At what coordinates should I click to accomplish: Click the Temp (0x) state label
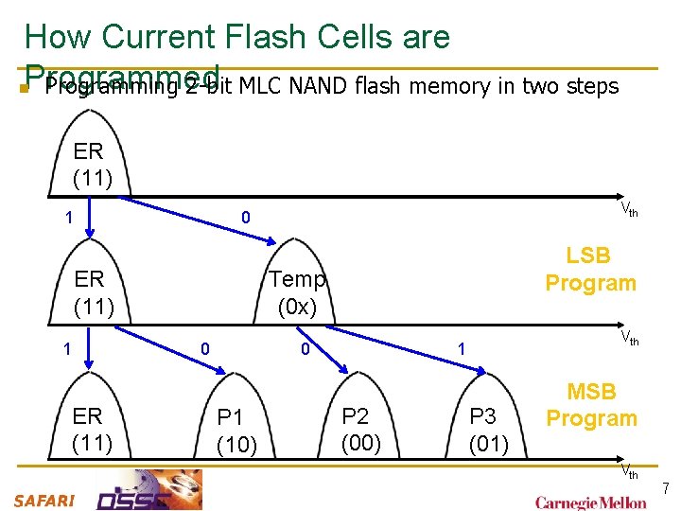297,292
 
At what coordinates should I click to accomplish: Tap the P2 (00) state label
361,429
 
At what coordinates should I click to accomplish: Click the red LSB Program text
590,270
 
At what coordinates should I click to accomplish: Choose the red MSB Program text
591,405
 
